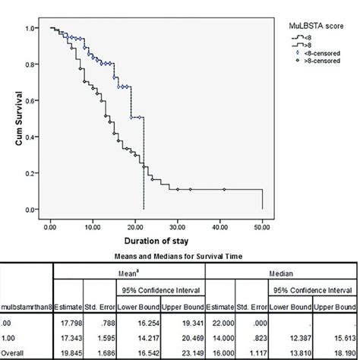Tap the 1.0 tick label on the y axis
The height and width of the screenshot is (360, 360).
[x=30, y=28]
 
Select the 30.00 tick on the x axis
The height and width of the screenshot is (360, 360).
[x=177, y=226]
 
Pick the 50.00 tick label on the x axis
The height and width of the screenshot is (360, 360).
[x=262, y=226]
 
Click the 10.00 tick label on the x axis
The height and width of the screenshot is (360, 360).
[x=93, y=226]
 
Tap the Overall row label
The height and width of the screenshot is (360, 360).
[x=15, y=352]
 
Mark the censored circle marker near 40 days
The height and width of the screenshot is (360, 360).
[x=224, y=189]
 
